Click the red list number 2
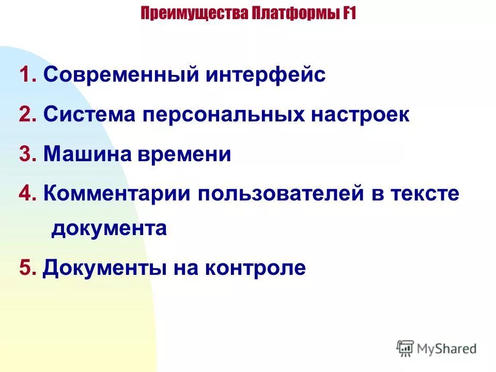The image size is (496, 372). pyautogui.click(x=26, y=115)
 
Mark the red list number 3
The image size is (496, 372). pyautogui.click(x=26, y=154)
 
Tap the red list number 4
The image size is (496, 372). pyautogui.click(x=26, y=194)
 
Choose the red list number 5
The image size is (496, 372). pyautogui.click(x=26, y=268)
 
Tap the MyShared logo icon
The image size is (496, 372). pyautogui.click(x=406, y=348)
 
